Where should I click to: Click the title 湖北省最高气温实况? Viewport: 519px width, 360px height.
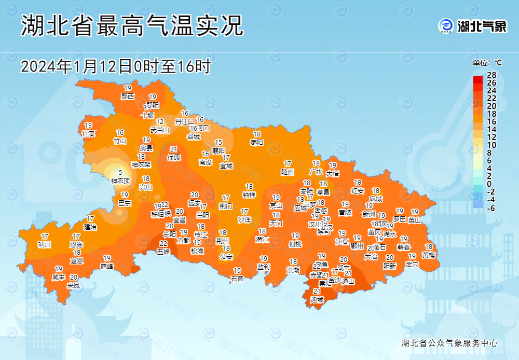pyautogui.click(x=132, y=26)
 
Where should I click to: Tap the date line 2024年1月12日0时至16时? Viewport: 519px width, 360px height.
pyautogui.click(x=116, y=66)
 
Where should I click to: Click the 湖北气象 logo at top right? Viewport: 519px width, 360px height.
pyautogui.click(x=472, y=26)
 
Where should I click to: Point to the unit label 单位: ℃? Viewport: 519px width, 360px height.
pyautogui.click(x=487, y=63)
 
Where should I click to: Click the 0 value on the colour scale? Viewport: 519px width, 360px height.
pyautogui.click(x=489, y=184)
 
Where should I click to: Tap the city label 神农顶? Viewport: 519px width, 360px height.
pyautogui.click(x=120, y=181)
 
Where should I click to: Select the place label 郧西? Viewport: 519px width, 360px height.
pyautogui.click(x=128, y=96)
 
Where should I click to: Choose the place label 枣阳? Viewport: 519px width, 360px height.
pyautogui.click(x=257, y=142)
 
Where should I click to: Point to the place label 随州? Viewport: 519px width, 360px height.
pyautogui.click(x=288, y=172)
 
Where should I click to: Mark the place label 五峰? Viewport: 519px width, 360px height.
pyautogui.click(x=163, y=252)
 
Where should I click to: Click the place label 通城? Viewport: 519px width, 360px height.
pyautogui.click(x=317, y=300)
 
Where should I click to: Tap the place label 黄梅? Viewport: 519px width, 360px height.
pyautogui.click(x=429, y=255)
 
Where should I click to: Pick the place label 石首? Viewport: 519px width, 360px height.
pyautogui.click(x=237, y=279)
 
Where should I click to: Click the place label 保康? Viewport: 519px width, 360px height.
pyautogui.click(x=174, y=157)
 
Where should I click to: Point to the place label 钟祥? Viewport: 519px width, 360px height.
pyautogui.click(x=249, y=195)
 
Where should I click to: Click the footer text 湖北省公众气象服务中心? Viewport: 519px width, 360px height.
pyautogui.click(x=449, y=343)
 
